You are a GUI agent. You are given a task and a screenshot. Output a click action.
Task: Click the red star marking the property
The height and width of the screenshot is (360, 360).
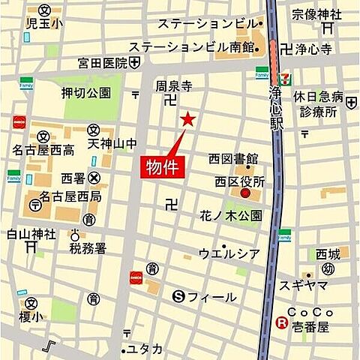coord(187,119)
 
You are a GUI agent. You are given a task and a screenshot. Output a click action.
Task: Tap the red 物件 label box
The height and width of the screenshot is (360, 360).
coord(161,166)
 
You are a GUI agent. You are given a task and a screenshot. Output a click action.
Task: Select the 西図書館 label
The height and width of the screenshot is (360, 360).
coord(233,159)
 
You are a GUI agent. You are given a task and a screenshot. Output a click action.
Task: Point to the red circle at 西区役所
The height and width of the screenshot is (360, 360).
coord(245,194)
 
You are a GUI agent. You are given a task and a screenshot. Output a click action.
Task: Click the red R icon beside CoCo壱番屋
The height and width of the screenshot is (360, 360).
coord(281,323)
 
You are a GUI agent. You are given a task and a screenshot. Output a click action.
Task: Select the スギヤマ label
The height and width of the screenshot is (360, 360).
coord(303,286)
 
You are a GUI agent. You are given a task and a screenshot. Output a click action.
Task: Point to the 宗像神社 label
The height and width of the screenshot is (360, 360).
coord(316,14)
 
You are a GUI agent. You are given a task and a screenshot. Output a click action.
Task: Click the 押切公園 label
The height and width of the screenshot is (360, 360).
coord(85,94)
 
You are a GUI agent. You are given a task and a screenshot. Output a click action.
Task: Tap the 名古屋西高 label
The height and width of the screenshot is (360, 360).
coord(47,151)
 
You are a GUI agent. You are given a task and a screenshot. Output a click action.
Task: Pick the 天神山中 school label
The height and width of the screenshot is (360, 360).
coord(112,142)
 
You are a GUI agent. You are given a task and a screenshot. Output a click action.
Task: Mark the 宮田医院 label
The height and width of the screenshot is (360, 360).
coord(103,63)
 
